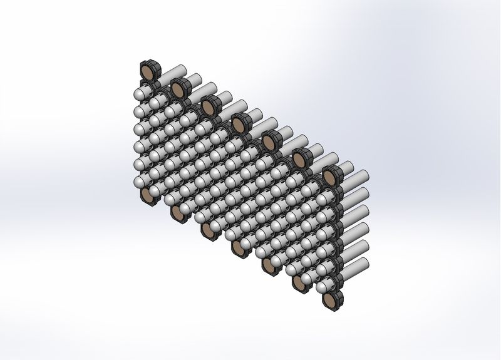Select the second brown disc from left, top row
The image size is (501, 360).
(178, 90)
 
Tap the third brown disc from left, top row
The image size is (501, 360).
(209, 108)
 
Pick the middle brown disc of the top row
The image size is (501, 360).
(239, 125)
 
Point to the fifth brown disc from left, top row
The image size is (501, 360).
(269, 143)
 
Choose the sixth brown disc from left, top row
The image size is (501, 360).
(299, 160)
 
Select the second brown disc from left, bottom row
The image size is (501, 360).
(178, 213)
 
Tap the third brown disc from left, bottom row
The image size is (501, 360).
(209, 231)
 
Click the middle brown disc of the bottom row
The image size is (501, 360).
(239, 249)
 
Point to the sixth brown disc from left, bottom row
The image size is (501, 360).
(299, 284)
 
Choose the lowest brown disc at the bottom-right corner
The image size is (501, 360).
(330, 301)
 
